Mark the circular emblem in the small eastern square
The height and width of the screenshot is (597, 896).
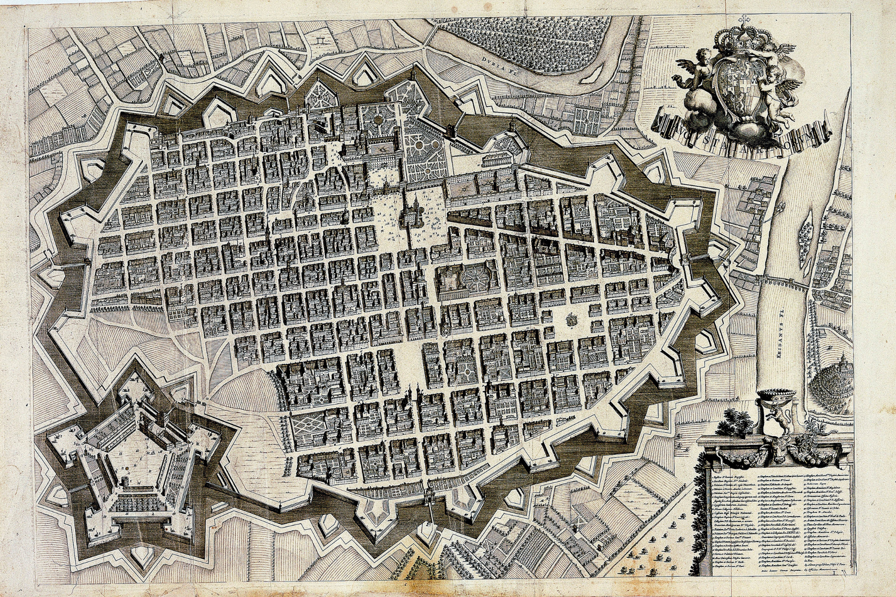(571, 320)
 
